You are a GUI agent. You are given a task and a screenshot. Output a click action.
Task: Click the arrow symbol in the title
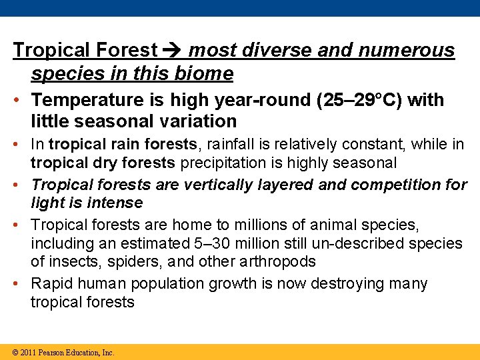pyautogui.click(x=173, y=51)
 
